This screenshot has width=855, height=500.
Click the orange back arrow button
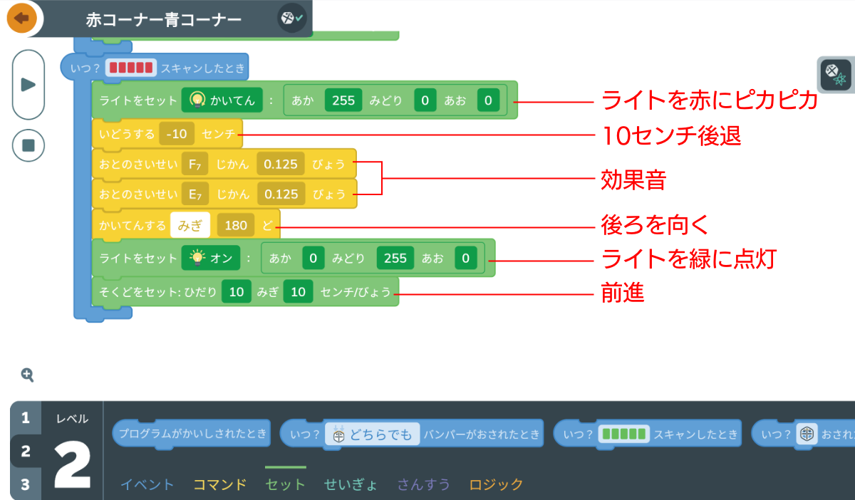pos(22,18)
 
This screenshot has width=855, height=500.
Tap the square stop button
pos(28,145)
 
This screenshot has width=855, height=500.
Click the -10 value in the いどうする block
pos(177,133)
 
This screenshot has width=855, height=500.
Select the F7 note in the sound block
pos(195,164)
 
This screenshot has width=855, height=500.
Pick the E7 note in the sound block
pos(195,194)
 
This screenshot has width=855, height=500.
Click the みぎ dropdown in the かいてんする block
pos(190,226)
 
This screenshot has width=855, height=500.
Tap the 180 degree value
pos(236,226)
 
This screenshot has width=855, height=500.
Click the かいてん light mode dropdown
pos(222,100)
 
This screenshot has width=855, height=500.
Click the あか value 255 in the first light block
pos(343,100)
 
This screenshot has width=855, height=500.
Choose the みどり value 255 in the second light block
pos(395,259)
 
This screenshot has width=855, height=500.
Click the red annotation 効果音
pos(634,180)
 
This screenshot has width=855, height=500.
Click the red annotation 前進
pos(623,293)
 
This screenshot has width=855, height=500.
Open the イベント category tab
pos(147,485)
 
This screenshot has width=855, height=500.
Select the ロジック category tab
pos(496,485)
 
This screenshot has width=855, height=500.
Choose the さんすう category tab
pos(424,485)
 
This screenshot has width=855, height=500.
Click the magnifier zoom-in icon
pos(27,375)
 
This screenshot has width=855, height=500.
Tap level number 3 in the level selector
pos(26,484)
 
